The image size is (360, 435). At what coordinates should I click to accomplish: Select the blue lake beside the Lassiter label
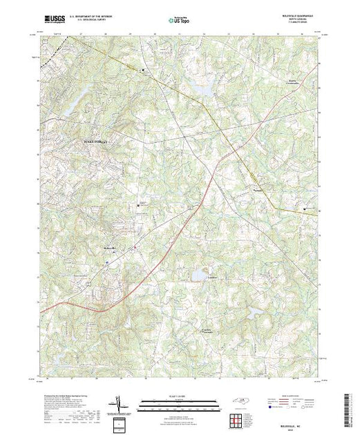pyautogui.click(x=198, y=275)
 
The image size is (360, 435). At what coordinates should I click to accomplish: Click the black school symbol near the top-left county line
pyautogui.click(x=143, y=70)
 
